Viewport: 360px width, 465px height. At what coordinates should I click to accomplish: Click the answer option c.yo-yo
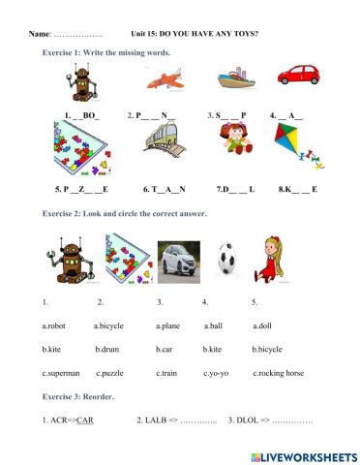coord(218,372)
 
